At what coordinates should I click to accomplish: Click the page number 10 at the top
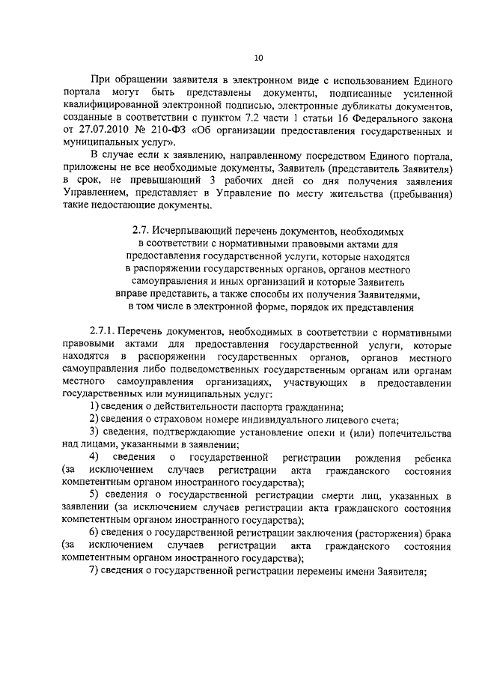point(258,57)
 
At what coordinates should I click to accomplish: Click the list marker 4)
point(95,457)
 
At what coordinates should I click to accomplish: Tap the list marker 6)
point(95,533)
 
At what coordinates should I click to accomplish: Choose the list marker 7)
point(95,571)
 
